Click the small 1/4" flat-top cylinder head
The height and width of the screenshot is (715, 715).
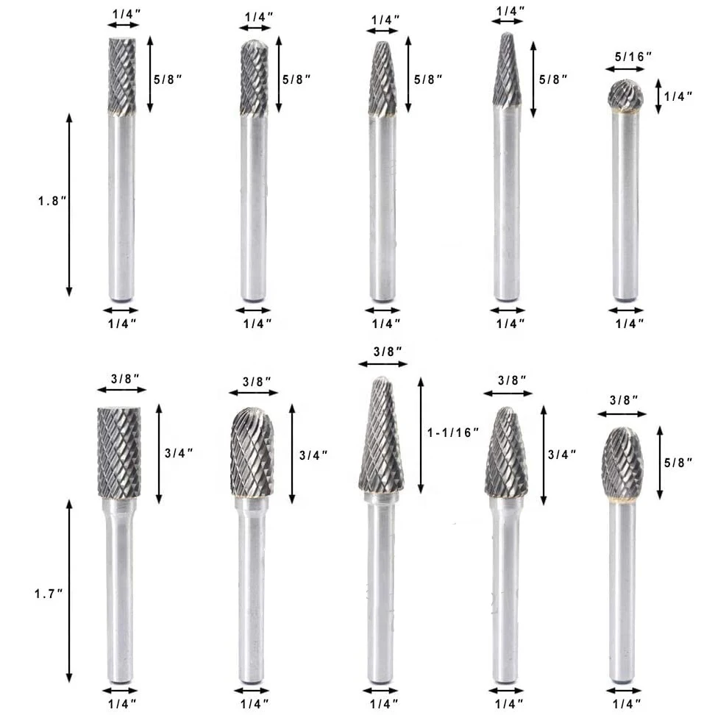coord(121,76)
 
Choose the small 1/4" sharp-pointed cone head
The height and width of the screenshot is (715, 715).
coord(507,71)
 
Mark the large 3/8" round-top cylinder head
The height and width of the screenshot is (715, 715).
coord(252,452)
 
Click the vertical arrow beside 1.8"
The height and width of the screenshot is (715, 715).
coord(70,204)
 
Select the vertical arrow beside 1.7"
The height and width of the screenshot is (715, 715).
coord(70,591)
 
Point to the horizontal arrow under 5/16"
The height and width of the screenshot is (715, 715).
coord(625,69)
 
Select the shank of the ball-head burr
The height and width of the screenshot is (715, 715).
coord(625,206)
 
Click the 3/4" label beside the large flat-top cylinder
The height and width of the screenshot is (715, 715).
coord(180,454)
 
